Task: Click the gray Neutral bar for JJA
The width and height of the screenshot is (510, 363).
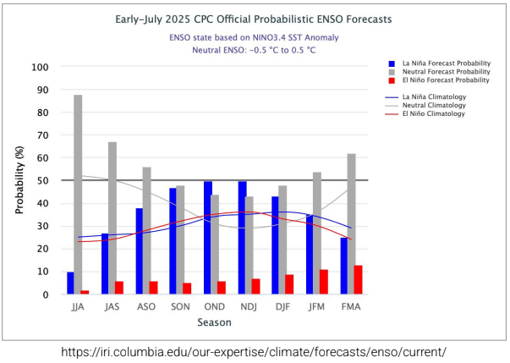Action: click(78, 195)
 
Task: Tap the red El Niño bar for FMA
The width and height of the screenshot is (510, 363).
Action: click(358, 280)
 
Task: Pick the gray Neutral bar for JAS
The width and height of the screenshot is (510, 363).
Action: click(112, 218)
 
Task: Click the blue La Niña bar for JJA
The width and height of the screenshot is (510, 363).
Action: click(70, 283)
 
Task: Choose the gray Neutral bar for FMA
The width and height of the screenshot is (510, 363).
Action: click(350, 224)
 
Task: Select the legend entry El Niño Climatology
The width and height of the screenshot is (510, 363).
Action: click(434, 113)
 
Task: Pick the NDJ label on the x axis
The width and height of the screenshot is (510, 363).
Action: click(246, 307)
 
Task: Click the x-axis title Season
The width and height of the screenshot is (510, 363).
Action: click(214, 322)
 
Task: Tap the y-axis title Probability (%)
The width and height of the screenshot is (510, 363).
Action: click(19, 180)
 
